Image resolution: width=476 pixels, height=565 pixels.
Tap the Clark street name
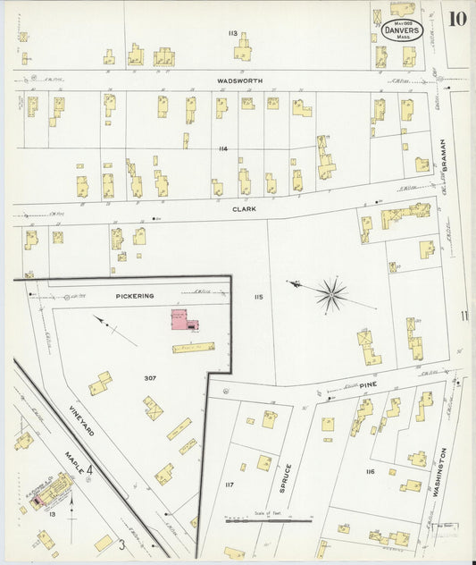245,208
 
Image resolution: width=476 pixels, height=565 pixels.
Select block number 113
232,33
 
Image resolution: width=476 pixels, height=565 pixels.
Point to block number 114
222,148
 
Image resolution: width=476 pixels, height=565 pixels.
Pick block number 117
230,485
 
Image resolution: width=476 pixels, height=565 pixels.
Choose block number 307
151,378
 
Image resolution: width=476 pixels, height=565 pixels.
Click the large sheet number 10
457,19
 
